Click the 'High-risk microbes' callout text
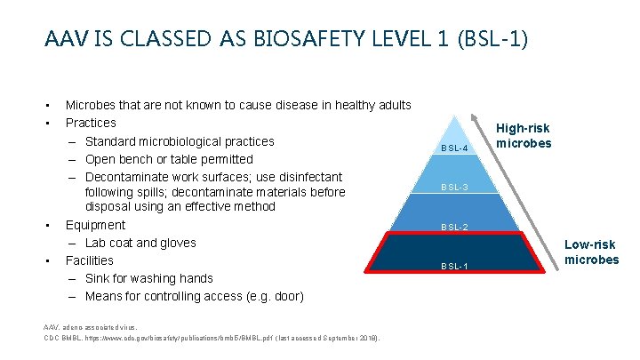(x=524, y=136)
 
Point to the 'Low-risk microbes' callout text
(x=592, y=252)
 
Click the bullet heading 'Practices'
(x=91, y=123)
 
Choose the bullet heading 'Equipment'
(x=95, y=225)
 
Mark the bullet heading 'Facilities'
(x=90, y=260)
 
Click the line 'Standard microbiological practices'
(x=180, y=141)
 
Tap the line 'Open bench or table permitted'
(x=169, y=159)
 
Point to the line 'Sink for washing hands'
(x=148, y=278)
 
